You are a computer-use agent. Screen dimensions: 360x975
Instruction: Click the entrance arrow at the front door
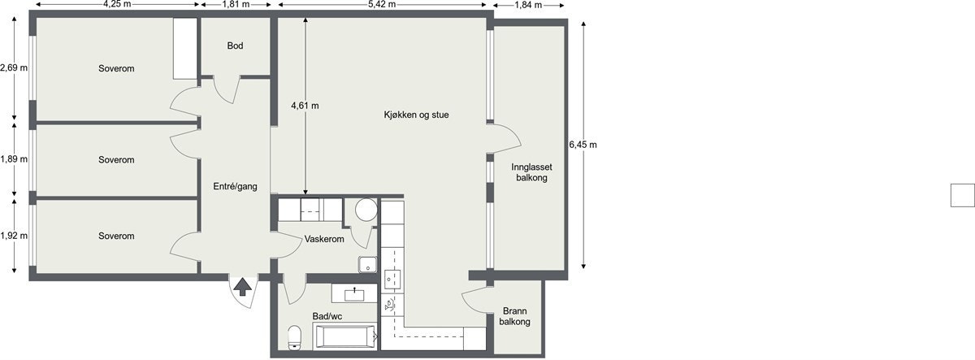tap(241, 285)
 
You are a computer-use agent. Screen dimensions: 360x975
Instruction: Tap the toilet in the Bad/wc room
tap(295, 336)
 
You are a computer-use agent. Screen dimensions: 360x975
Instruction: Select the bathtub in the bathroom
tap(344, 336)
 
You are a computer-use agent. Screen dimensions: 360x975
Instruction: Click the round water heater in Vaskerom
tap(365, 210)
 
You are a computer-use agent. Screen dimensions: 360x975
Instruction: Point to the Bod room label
tap(235, 46)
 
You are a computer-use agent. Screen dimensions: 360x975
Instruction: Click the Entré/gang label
tap(235, 186)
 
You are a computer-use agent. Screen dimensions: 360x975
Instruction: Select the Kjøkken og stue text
tap(416, 115)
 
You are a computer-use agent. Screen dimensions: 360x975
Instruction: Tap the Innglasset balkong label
tap(532, 171)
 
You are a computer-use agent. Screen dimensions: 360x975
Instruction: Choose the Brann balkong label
tap(516, 316)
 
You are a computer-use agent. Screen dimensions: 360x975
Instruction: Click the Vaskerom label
tap(324, 240)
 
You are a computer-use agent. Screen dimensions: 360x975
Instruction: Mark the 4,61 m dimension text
tap(305, 106)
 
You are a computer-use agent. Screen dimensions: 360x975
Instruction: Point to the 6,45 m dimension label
tap(583, 145)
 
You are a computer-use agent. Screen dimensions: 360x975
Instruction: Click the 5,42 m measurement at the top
tap(382, 5)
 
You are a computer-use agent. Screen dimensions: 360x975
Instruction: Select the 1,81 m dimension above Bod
tap(236, 5)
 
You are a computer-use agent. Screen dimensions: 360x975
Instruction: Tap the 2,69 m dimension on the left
tap(14, 68)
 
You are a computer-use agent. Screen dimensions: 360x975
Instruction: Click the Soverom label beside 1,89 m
tap(116, 159)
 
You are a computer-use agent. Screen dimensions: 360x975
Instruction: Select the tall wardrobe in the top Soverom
tap(185, 49)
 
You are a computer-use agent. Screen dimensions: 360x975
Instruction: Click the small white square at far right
tap(963, 196)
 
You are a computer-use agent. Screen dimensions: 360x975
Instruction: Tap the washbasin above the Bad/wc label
tap(355, 292)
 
